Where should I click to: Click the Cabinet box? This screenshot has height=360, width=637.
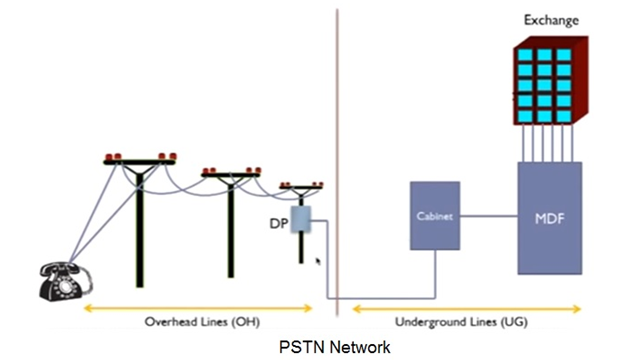(x=435, y=215)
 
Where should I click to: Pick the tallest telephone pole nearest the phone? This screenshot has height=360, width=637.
(x=139, y=220)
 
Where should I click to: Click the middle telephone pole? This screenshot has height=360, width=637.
(x=231, y=220)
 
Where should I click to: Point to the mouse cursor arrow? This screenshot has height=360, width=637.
(x=319, y=261)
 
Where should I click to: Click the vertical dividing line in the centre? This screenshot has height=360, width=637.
(x=337, y=150)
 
